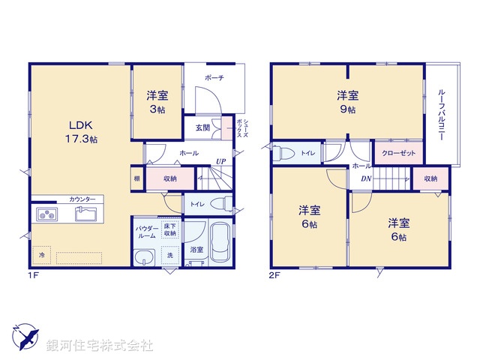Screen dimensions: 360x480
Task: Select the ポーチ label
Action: click(214, 77)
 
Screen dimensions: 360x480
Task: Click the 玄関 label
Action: click(203, 127)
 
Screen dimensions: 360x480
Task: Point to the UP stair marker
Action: click(221, 160)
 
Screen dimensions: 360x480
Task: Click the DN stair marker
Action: click(365, 178)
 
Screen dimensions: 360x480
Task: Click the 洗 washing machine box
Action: click(169, 256)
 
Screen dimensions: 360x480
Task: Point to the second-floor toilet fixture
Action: click(286, 153)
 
